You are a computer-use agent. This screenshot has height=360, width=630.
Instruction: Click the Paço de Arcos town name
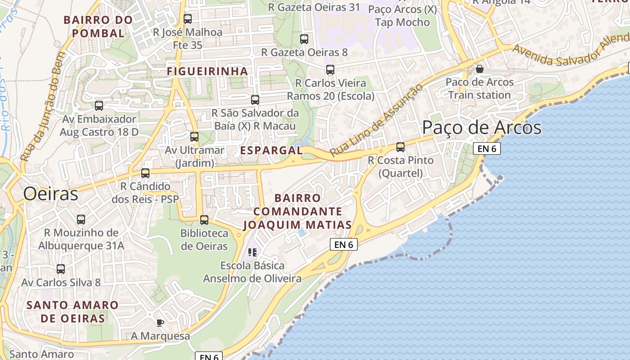coord(481,128)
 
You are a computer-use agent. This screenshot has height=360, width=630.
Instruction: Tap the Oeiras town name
coord(50,194)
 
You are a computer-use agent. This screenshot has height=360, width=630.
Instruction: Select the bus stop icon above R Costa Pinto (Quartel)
coord(400,147)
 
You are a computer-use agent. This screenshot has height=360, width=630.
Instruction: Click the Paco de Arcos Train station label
coord(479,89)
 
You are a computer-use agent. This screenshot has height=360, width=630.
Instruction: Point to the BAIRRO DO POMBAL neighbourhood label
coord(98,27)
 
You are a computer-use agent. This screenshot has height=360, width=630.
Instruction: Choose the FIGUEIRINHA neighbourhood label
coord(207,71)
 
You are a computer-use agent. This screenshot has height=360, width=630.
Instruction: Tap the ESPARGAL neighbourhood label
coord(271,150)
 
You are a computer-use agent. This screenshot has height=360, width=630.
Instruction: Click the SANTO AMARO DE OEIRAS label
coord(72,311)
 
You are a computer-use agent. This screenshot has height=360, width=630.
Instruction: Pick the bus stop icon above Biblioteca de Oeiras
coord(204,220)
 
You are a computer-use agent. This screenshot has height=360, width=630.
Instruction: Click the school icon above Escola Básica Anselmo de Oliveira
coord(252,252)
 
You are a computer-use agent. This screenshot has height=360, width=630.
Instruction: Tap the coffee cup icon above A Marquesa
coord(160,322)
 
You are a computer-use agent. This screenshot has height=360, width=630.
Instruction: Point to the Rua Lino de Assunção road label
coord(376,121)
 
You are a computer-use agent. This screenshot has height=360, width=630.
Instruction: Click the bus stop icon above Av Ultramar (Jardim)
coord(194,136)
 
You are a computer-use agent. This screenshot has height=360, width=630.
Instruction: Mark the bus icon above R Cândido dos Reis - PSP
coord(145,173)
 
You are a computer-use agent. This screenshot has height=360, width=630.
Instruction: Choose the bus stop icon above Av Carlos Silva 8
coord(61,269)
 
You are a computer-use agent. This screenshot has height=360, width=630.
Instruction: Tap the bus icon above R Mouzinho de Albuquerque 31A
coord(81,219)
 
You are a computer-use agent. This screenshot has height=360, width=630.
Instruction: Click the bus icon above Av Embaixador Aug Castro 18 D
coord(99,106)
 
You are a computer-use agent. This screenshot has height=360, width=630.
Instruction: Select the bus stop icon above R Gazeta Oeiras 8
coord(304,39)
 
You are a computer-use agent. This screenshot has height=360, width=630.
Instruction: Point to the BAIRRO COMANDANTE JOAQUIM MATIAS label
coord(297,211)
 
